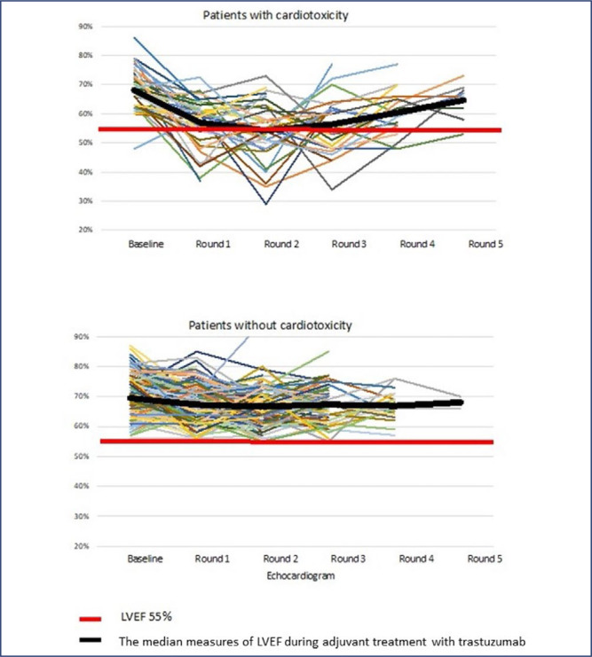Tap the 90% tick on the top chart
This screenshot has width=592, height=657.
point(86,27)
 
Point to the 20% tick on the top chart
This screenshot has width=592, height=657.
point(86,231)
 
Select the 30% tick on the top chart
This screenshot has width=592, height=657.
point(86,201)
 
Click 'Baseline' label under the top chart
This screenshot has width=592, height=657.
point(145,245)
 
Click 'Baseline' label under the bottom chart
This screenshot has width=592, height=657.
point(145,560)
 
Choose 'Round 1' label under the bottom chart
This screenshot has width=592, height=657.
point(213,560)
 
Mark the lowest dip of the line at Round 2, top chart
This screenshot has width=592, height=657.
point(265,204)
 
